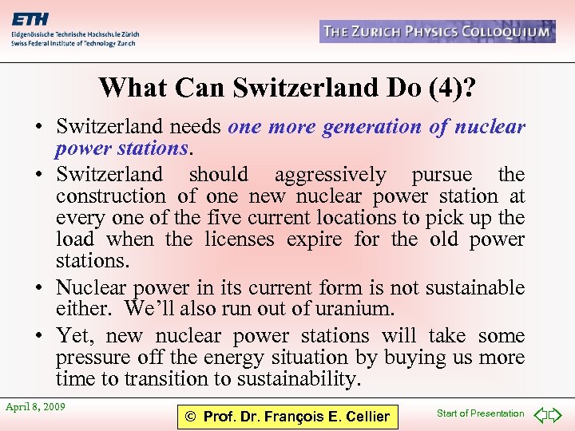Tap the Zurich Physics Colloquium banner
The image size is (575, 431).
[x=437, y=32]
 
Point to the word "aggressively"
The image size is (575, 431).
[x=331, y=174]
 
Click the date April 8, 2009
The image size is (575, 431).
[x=35, y=407]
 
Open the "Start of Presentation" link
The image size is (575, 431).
[x=480, y=413]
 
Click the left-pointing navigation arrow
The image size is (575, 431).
[x=540, y=414]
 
